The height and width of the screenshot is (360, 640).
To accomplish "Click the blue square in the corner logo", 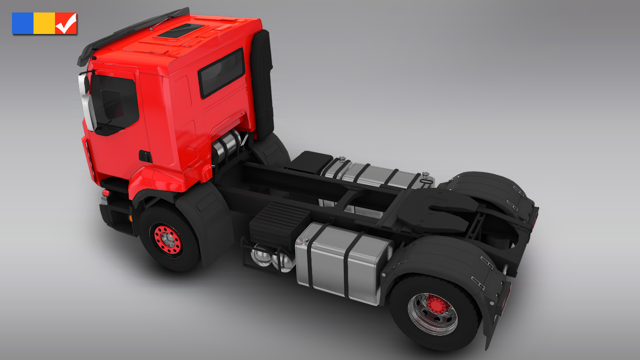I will pyautogui.click(x=22, y=23).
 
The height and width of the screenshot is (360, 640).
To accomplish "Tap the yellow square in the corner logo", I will pyautogui.click(x=44, y=23).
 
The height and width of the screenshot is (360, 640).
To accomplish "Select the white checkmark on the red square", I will pyautogui.click(x=66, y=23).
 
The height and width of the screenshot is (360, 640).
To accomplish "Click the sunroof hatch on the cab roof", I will pyautogui.click(x=180, y=30).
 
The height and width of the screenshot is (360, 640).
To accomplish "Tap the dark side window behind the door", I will pyautogui.click(x=221, y=73).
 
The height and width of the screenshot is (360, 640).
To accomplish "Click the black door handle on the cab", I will pyautogui.click(x=145, y=156).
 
